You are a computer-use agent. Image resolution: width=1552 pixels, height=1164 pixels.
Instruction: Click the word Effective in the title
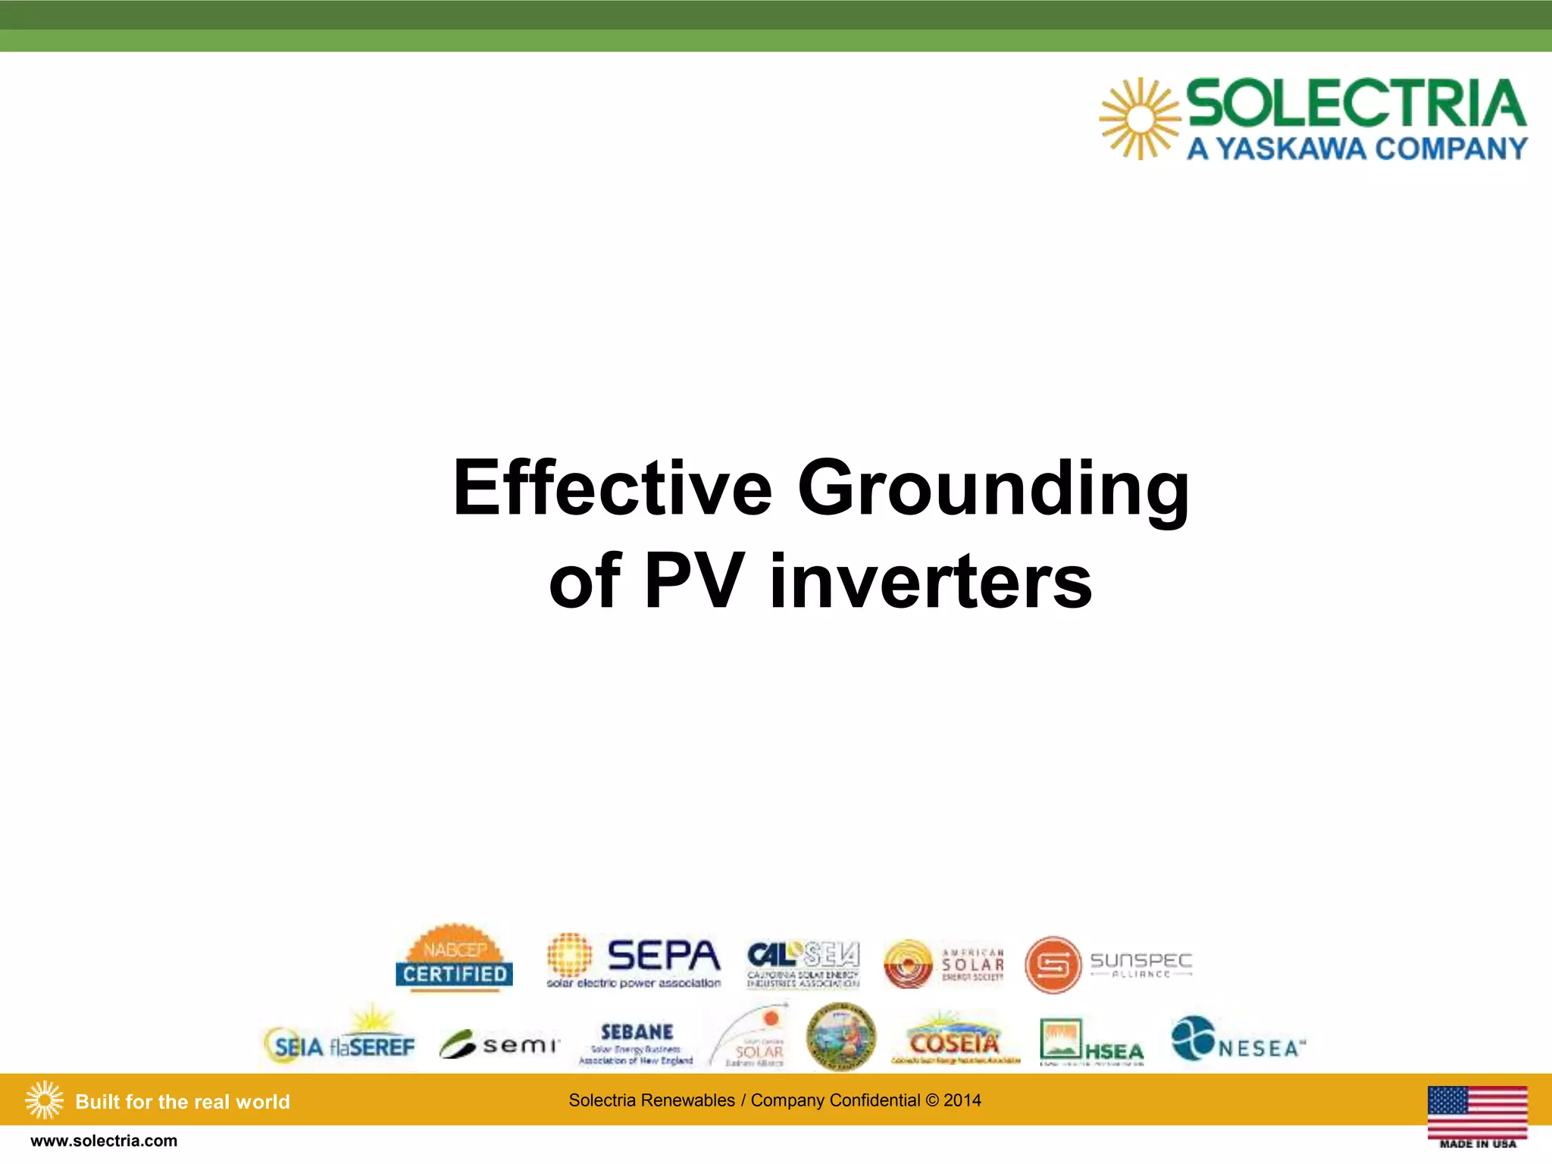(612, 489)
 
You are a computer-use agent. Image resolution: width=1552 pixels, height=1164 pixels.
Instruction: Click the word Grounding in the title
(993, 489)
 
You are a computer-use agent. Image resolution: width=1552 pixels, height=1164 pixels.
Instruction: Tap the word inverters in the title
(931, 582)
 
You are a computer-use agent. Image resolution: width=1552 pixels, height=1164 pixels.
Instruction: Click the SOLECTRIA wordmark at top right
(1356, 104)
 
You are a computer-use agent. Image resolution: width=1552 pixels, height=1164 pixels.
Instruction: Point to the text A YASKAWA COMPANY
(1356, 149)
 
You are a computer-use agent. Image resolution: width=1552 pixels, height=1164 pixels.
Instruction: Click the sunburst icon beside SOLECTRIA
(1139, 119)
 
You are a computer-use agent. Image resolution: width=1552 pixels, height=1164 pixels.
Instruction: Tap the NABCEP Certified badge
(454, 958)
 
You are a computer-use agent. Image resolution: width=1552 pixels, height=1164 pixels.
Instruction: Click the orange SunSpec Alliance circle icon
(1053, 965)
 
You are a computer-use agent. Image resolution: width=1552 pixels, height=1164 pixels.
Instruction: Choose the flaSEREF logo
(371, 1046)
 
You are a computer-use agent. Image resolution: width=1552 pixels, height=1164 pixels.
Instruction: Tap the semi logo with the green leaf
(499, 1045)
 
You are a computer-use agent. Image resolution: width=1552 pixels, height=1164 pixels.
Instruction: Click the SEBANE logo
(637, 1043)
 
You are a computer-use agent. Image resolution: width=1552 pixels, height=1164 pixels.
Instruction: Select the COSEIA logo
(955, 1041)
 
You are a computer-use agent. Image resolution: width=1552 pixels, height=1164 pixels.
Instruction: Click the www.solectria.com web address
(104, 1141)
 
